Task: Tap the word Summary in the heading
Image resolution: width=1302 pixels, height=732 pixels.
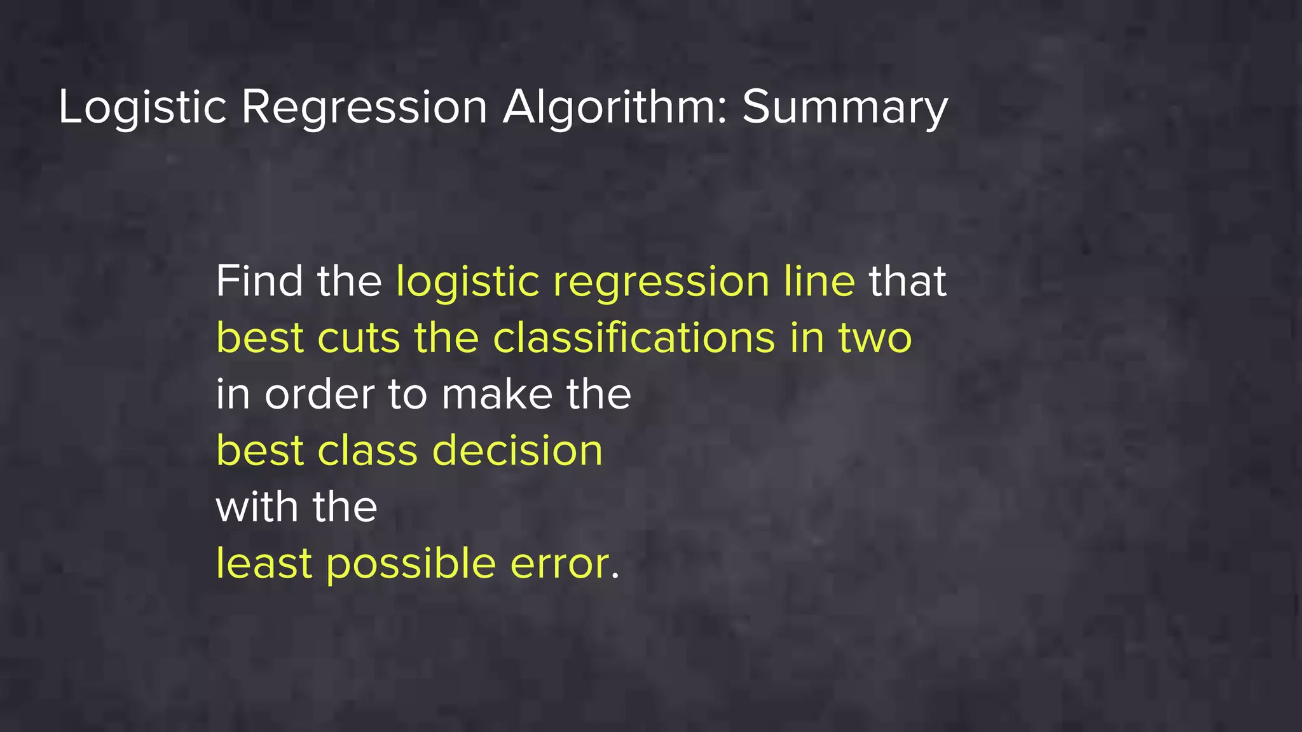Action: coord(845,107)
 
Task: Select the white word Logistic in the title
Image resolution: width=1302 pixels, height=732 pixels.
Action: coord(142,107)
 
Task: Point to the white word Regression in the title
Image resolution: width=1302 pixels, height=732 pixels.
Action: coord(364,107)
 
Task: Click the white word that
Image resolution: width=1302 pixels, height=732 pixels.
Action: coord(908,281)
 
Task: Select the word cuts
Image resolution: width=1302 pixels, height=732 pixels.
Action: coord(359,338)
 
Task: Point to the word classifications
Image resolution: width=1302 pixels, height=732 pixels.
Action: coord(634,337)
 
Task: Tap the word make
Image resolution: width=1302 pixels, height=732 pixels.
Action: coord(497,394)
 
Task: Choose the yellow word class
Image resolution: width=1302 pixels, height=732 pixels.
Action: coord(367,451)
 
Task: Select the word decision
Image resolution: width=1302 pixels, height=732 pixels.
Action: coord(517,451)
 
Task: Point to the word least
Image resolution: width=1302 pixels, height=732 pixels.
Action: coord(264,564)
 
